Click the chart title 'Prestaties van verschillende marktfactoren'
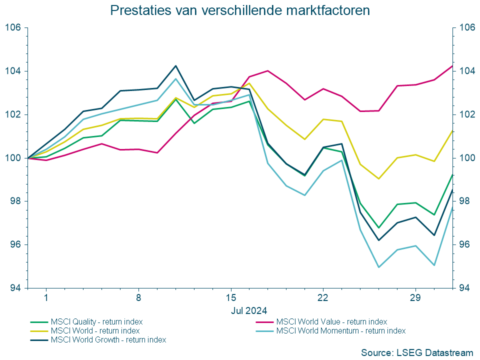[240, 10]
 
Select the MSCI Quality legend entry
[95, 321]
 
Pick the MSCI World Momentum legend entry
[340, 330]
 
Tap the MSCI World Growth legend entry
[108, 339]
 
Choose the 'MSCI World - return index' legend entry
[95, 330]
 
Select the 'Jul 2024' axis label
[249, 310]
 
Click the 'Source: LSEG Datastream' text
[416, 352]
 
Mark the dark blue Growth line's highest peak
[175, 65]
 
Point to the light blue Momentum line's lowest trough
[378, 267]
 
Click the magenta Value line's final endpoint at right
[452, 66]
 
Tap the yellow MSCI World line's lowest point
[378, 178]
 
